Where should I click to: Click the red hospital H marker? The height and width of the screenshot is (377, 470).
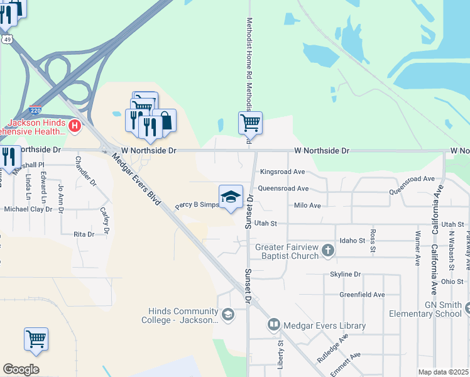(75, 126)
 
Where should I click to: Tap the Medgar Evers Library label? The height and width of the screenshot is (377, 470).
(324, 325)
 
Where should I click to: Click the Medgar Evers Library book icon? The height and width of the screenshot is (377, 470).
(273, 325)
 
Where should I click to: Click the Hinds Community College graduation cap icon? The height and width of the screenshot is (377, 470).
(227, 314)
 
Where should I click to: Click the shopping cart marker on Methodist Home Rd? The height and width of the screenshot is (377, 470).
(250, 123)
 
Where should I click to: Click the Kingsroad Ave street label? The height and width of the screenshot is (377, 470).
(282, 172)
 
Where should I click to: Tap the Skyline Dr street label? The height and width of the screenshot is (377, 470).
(346, 275)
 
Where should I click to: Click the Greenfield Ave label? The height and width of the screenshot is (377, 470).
(362, 294)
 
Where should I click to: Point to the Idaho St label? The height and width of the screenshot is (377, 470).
(352, 241)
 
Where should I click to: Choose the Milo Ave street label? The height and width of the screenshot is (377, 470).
(307, 205)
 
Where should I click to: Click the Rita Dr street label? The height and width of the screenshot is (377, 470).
(84, 234)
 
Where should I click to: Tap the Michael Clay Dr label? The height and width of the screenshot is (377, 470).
(28, 209)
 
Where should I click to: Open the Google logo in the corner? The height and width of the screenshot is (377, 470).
(21, 369)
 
